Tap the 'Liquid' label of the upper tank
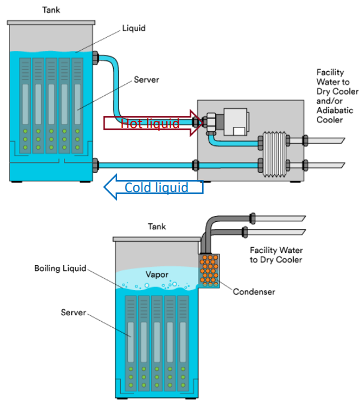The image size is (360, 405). [134, 28]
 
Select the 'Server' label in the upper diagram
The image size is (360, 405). [147, 80]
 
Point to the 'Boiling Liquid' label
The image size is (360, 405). [60, 268]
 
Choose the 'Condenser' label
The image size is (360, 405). [253, 292]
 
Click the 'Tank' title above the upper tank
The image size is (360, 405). [51, 10]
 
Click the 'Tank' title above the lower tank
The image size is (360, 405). [157, 226]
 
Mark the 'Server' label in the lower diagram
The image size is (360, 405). [74, 313]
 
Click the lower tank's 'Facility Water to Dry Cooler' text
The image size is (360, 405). [276, 255]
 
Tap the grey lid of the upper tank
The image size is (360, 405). [51, 22]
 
